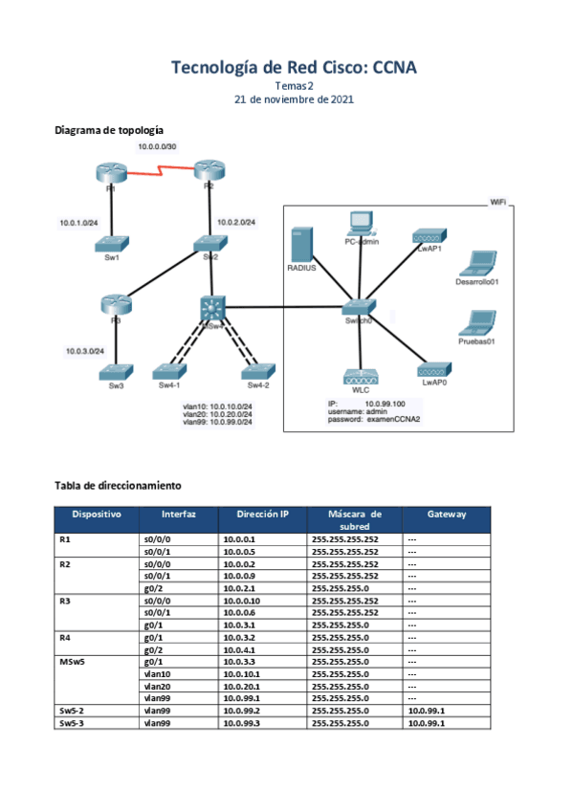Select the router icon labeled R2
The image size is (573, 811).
209,170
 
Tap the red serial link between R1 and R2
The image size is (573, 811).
160,173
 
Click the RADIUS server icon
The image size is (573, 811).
302,244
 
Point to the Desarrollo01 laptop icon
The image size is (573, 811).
478,263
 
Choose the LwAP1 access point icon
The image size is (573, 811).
428,235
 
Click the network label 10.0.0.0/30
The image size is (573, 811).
157,146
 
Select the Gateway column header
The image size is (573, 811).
447,515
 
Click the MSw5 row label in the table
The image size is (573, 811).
74,661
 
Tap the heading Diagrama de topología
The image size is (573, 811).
108,129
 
